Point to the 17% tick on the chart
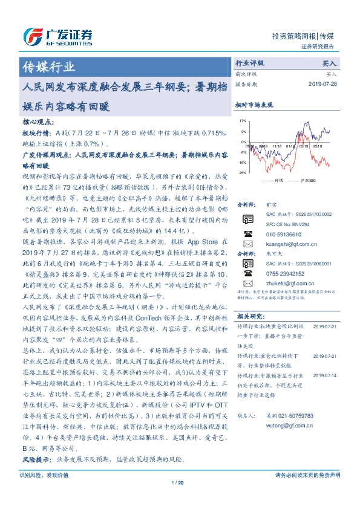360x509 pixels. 243,122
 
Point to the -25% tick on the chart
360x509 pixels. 243,173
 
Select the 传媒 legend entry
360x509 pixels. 278,180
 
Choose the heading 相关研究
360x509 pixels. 249,316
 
